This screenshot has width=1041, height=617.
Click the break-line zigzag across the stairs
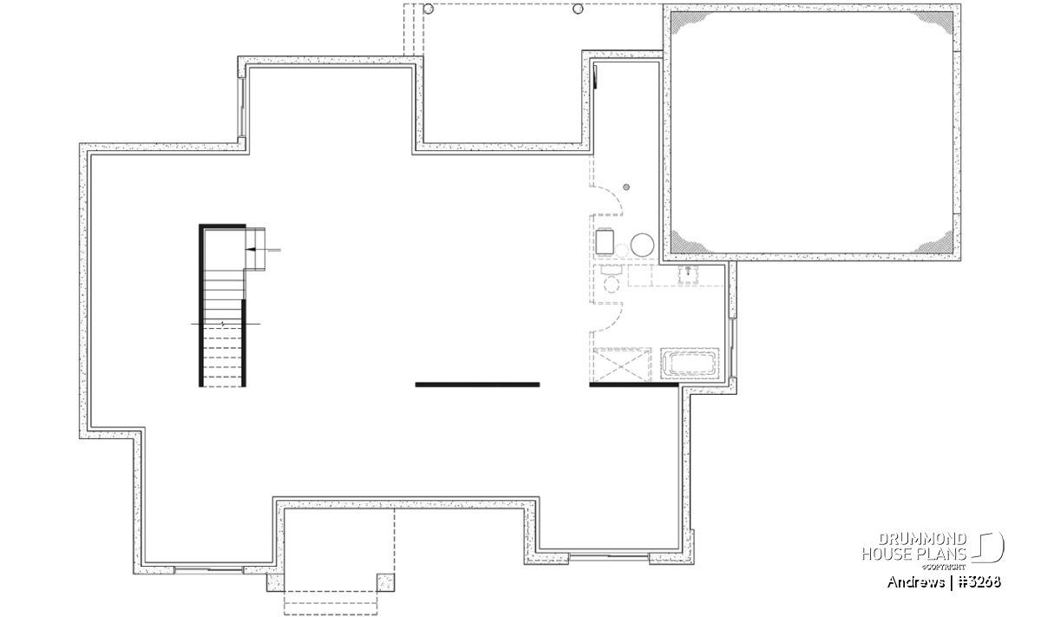223,324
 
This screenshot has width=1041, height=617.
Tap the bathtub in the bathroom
690,362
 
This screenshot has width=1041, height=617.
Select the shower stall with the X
622,365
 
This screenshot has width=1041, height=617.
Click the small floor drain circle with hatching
626,187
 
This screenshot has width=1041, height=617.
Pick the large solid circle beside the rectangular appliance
642,245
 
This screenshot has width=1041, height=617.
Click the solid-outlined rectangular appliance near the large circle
605,242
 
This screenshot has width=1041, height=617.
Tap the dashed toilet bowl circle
611,285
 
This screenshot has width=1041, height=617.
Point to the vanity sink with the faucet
688,275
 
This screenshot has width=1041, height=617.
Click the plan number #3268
979,582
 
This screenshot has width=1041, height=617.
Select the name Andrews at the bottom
916,582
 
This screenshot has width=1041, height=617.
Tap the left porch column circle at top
429,9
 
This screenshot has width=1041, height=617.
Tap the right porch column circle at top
578,9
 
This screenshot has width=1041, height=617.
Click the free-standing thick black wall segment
477,384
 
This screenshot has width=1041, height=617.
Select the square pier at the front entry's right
386,582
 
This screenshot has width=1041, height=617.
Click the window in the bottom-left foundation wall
209,569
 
